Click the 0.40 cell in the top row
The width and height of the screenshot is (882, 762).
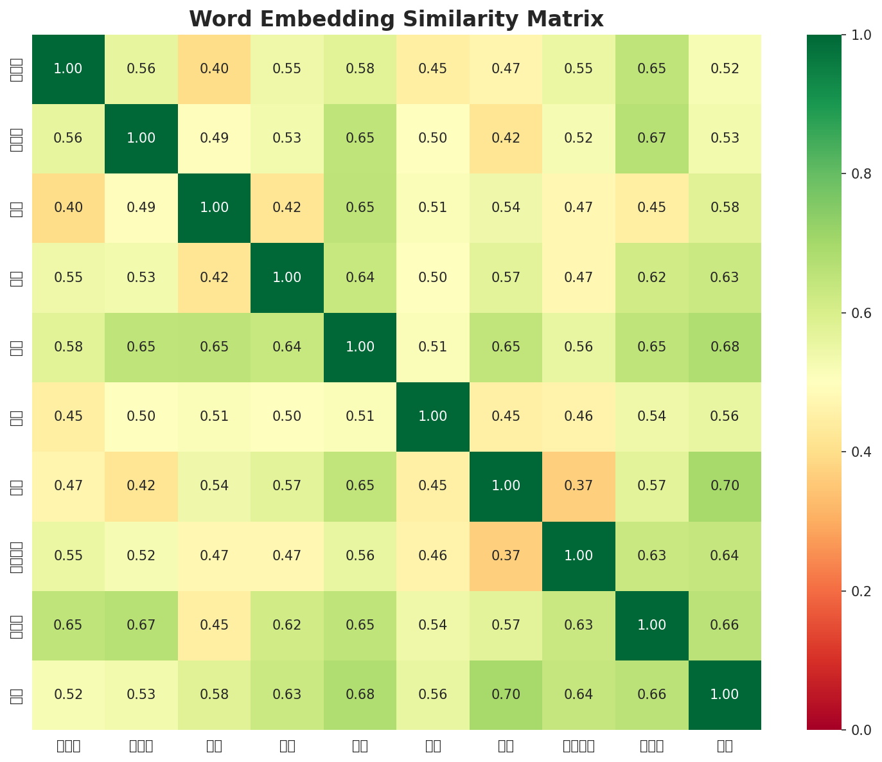pos(214,69)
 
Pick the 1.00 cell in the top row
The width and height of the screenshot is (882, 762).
pos(68,69)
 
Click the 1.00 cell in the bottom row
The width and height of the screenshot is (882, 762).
pos(725,695)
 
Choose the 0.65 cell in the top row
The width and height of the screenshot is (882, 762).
pos(651,69)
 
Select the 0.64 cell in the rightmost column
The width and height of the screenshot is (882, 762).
pos(725,556)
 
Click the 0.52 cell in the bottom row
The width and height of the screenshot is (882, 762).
pos(68,695)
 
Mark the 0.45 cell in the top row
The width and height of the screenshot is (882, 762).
pos(433,69)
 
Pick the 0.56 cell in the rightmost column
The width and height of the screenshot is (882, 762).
pos(725,416)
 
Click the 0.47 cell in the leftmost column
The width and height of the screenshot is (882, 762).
pos(68,486)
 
